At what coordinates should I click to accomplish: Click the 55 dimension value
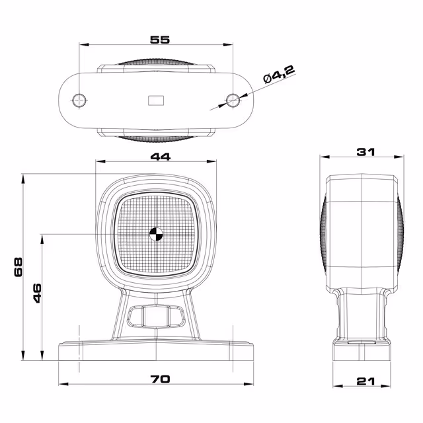160,40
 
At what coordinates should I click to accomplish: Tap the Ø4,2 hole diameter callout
279,74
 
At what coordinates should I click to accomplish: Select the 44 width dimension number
160,157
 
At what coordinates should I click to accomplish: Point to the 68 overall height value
18,267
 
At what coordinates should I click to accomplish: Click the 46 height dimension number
37,293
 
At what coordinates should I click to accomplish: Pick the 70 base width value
160,379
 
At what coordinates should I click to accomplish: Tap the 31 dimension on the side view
365,152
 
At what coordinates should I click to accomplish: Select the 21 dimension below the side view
365,381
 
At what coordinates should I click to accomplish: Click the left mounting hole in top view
79,100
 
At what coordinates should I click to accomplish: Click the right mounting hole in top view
233,100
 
